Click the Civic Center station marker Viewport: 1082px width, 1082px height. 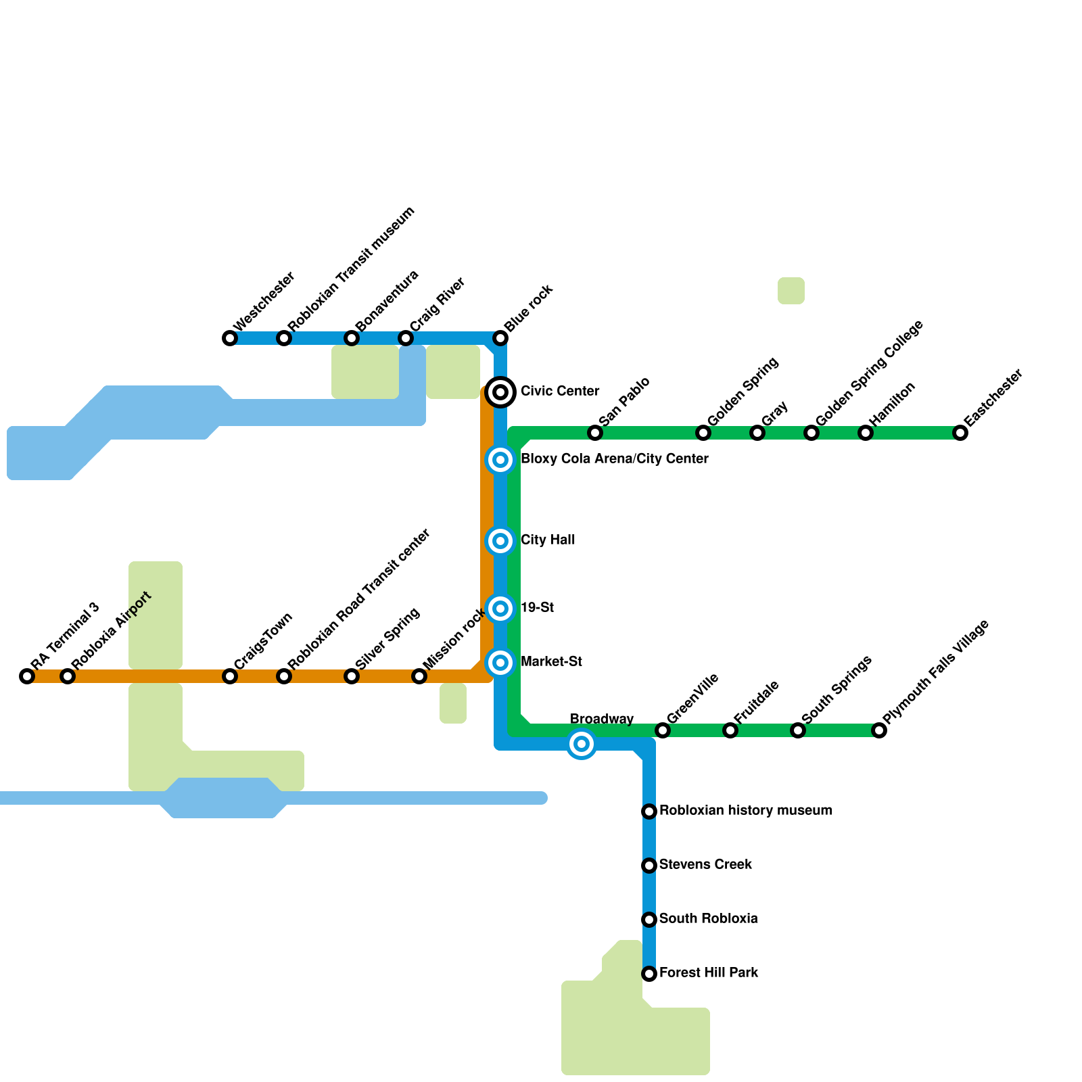pos(500,392)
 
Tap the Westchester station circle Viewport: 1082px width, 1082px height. pos(230,338)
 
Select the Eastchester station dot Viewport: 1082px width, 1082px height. pos(960,433)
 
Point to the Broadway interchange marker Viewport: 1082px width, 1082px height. pos(582,745)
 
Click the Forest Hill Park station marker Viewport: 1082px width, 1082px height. pos(649,974)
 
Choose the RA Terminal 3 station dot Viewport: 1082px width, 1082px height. pos(27,676)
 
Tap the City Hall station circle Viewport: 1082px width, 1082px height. pos(500,541)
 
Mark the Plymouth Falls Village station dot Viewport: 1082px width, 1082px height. pos(879,730)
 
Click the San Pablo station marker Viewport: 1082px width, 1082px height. pos(595,433)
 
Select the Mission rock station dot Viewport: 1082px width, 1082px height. pos(419,676)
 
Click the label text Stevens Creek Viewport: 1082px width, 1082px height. pos(705,865)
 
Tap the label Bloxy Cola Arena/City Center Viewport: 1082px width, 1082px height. pos(614,459)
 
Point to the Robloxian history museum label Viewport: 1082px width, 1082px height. pos(745,811)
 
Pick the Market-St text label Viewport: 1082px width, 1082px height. pos(551,662)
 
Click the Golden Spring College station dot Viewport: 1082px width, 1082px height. pos(811,433)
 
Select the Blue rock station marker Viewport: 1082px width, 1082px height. pos(500,338)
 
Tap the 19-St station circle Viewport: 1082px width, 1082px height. pos(500,609)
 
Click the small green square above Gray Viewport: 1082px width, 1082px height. pos(791,291)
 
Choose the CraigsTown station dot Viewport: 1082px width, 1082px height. pos(230,676)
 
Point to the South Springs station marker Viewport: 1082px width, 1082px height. pos(798,730)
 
